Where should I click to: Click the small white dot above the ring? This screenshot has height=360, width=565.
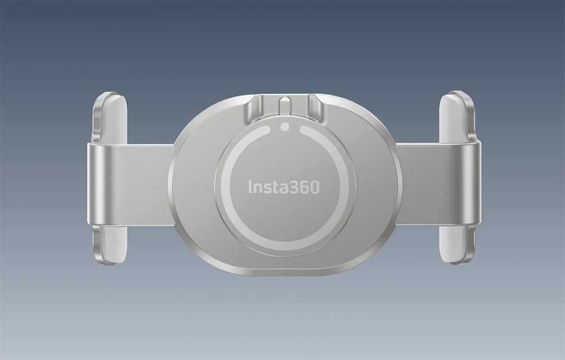pyautogui.click(x=285, y=127)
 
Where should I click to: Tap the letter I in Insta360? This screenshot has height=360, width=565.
pyautogui.click(x=250, y=186)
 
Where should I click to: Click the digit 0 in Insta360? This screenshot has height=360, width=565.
pyautogui.click(x=314, y=186)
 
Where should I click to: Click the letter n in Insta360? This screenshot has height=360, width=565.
pyautogui.click(x=258, y=188)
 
